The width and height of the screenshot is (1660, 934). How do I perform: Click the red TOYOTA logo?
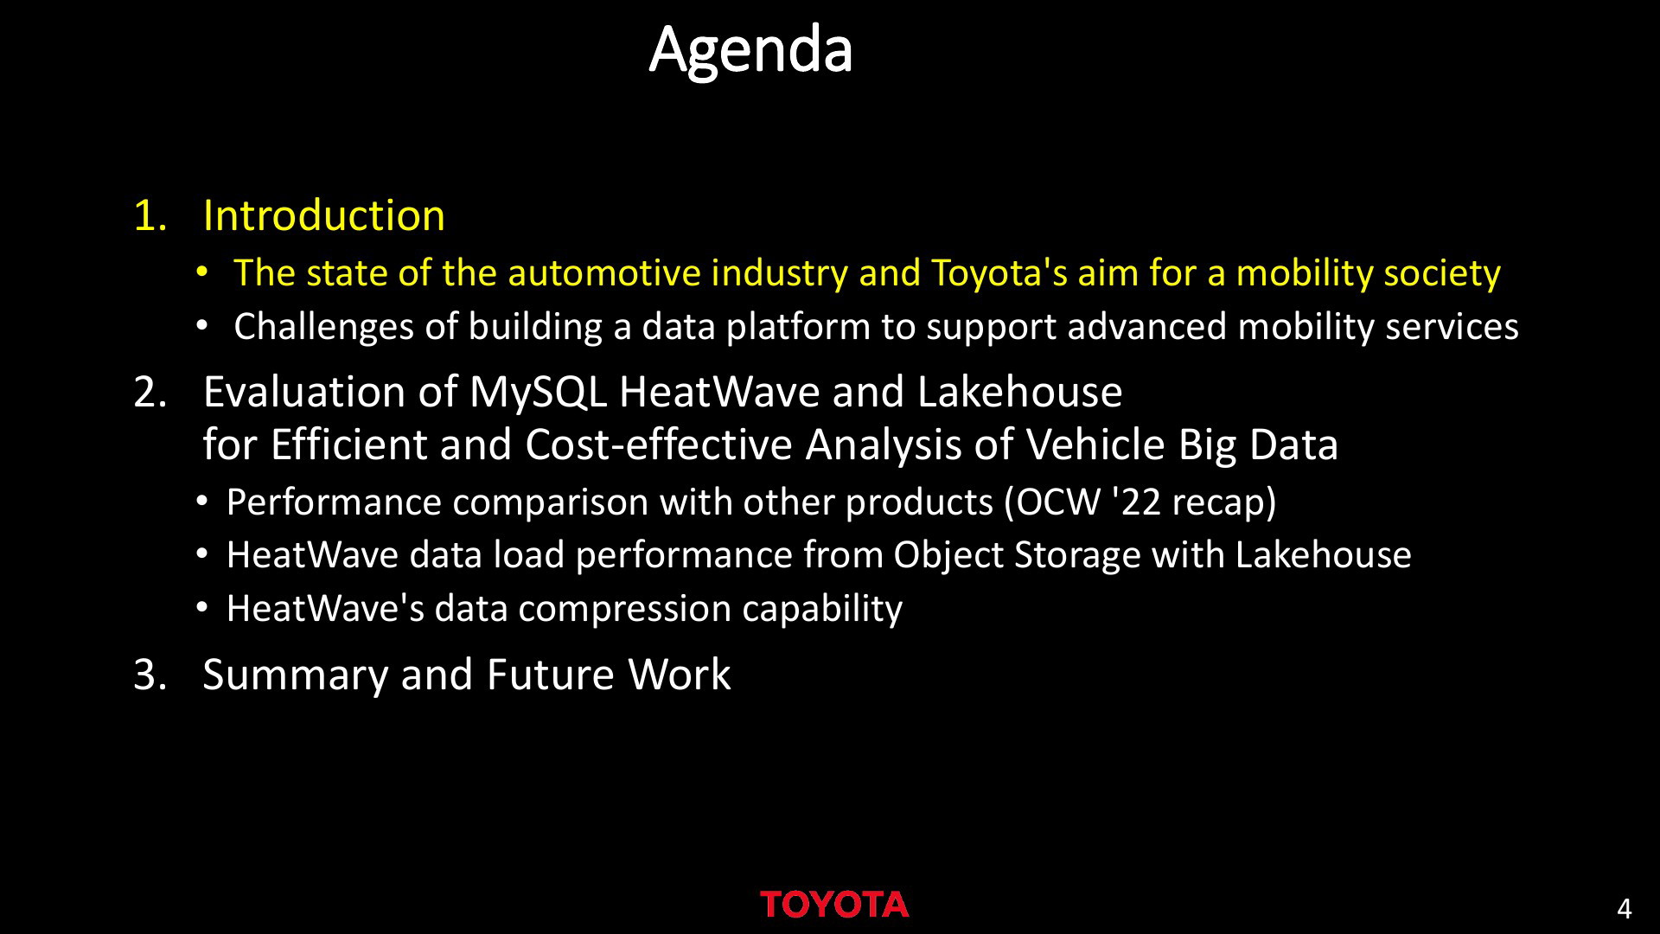(x=834, y=905)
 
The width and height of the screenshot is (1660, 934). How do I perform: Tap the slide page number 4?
(x=1624, y=909)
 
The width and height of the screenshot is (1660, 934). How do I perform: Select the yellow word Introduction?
(x=323, y=215)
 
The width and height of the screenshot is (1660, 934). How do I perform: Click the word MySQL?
(x=538, y=392)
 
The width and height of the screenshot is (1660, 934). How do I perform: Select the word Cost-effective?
(x=659, y=445)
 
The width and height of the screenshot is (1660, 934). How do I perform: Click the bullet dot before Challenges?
(x=201, y=327)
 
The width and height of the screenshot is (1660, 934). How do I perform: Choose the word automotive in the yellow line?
(x=603, y=273)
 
